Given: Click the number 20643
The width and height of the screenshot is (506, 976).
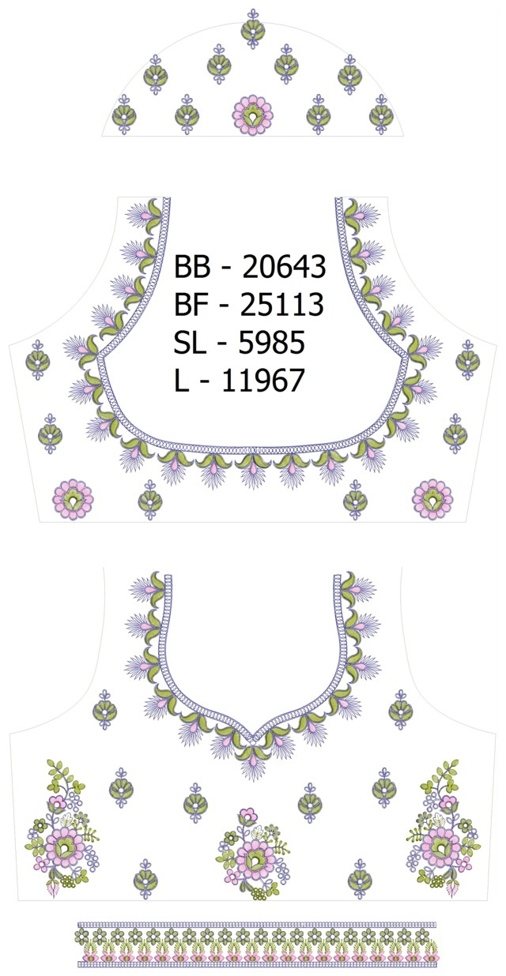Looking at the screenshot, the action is (x=284, y=267).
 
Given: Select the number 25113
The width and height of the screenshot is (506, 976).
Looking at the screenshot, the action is (x=282, y=304).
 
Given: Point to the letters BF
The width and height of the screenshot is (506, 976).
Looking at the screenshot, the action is (x=190, y=304).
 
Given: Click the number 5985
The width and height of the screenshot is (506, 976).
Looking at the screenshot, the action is (x=271, y=342).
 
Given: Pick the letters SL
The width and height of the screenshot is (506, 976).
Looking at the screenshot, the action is (x=188, y=342).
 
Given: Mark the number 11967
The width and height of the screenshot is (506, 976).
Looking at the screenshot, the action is (x=262, y=380).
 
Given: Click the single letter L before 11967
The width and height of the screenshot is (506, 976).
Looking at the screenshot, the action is (x=181, y=380).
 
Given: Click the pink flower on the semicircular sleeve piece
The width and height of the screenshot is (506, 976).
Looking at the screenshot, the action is (x=253, y=114).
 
